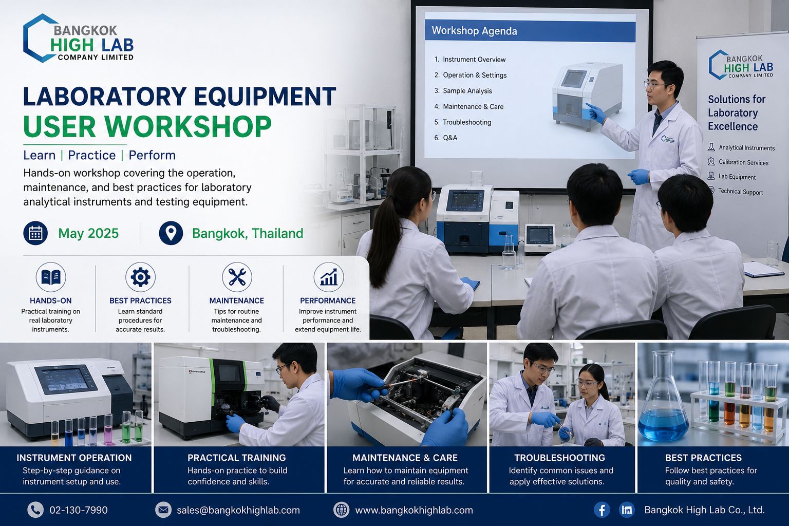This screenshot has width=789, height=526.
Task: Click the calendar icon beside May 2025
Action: pyautogui.click(x=35, y=233)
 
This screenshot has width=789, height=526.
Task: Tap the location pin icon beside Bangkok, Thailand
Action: pyautogui.click(x=171, y=233)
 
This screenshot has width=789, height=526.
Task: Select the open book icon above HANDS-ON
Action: pyautogui.click(x=51, y=277)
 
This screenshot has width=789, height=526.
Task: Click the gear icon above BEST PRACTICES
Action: pyautogui.click(x=140, y=277)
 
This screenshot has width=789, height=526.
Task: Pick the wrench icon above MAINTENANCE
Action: pyautogui.click(x=237, y=277)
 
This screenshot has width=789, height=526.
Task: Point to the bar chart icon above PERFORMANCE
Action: pyautogui.click(x=329, y=277)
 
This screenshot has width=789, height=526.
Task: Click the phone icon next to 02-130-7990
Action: pyautogui.click(x=35, y=510)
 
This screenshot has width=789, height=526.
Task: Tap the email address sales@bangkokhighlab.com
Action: pyautogui.click(x=238, y=510)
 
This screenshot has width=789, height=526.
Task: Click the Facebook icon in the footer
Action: pyautogui.click(x=602, y=510)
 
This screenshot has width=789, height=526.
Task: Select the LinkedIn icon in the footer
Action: pyautogui.click(x=627, y=510)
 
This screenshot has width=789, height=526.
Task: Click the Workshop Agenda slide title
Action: pyautogui.click(x=475, y=31)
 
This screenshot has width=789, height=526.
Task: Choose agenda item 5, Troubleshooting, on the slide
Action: pyautogui.click(x=463, y=122)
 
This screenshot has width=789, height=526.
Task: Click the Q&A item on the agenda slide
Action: pyautogui.click(x=446, y=138)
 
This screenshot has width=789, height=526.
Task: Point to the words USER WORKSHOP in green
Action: pyautogui.click(x=147, y=126)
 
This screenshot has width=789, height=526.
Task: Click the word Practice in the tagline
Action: pyautogui.click(x=91, y=155)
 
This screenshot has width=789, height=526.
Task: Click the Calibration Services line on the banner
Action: pyautogui.click(x=743, y=162)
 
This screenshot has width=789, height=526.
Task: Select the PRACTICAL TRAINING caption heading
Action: pyautogui.click(x=237, y=458)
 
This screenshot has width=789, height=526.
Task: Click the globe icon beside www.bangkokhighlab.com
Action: pyautogui.click(x=341, y=510)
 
